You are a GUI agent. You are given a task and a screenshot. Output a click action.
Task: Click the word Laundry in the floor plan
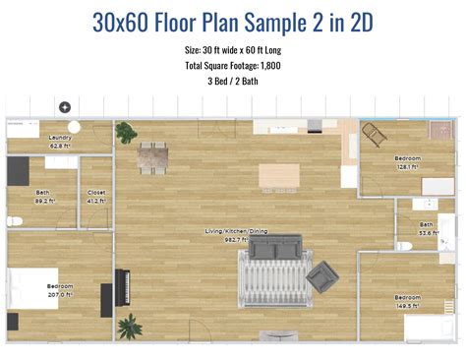[60, 138]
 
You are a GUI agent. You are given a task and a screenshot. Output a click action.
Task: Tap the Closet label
[96, 193]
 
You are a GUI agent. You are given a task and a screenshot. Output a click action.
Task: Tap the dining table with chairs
[152, 157]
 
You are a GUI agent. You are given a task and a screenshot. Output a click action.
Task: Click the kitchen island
[278, 176]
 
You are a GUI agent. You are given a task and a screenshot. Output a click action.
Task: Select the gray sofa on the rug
[274, 249]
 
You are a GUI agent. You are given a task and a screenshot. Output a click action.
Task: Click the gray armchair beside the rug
[320, 278]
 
